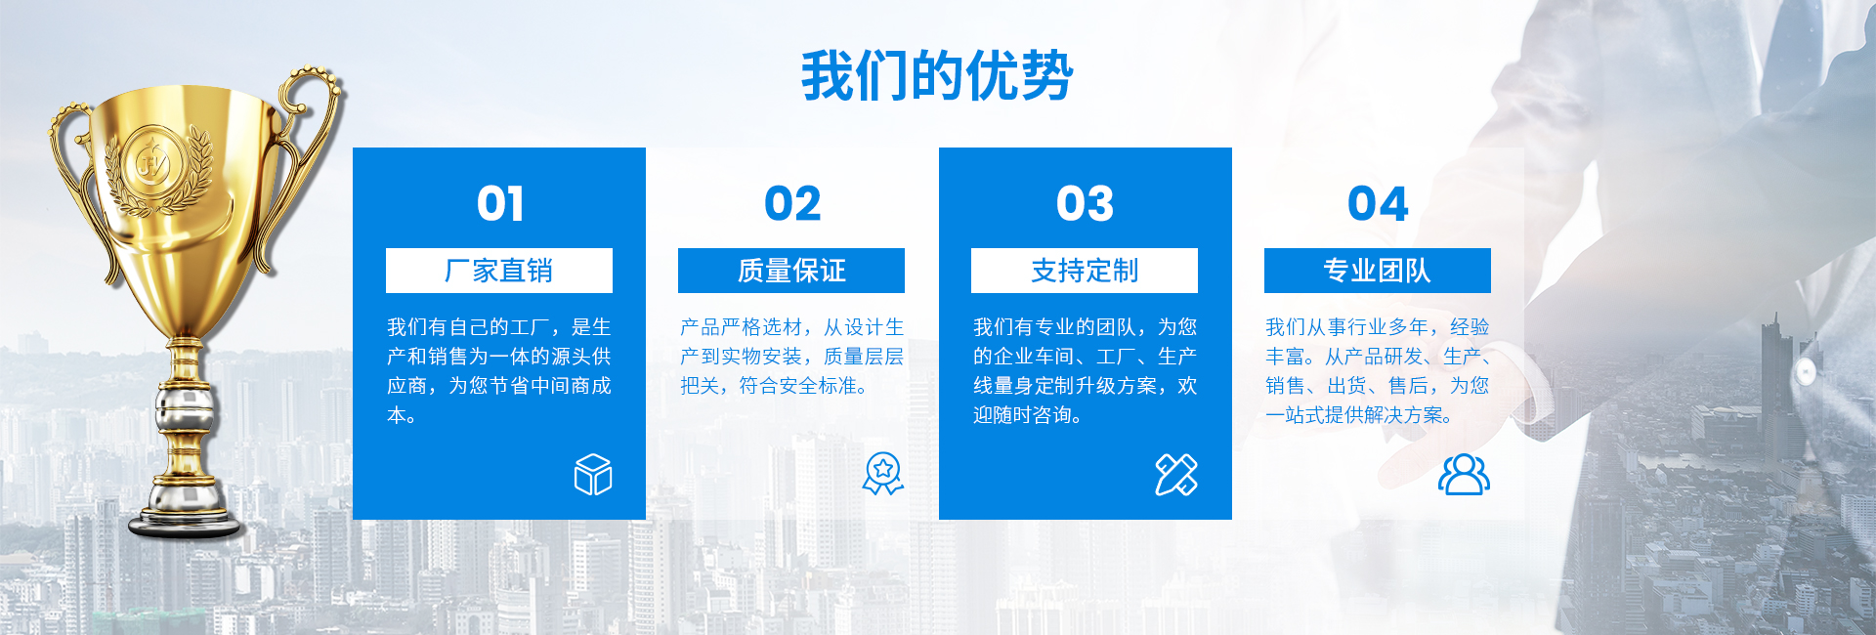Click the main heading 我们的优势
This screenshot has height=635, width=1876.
tap(937, 76)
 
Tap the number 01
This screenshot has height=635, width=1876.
tap(499, 203)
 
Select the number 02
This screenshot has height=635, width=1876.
tap(792, 203)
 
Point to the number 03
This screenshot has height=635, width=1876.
tap(1085, 203)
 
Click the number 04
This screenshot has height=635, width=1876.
tap(1378, 203)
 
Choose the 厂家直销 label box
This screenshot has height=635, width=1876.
tap(499, 271)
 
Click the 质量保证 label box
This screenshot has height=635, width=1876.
tap(791, 271)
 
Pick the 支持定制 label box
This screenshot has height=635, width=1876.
tap(1085, 271)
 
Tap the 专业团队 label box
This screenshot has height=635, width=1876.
tap(1378, 271)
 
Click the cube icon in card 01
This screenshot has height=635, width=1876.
tap(593, 475)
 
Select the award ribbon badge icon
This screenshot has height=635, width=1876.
tap(883, 474)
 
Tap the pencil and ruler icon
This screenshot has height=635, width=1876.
tap(1176, 475)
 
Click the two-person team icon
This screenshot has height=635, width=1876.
tap(1464, 475)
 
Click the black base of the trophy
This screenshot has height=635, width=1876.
tap(185, 526)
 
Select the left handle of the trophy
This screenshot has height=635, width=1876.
tap(73, 171)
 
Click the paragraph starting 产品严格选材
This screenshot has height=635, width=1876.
tap(791, 357)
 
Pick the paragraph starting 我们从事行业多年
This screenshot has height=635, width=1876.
tap(1378, 371)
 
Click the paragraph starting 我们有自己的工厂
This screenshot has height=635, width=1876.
tap(499, 371)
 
